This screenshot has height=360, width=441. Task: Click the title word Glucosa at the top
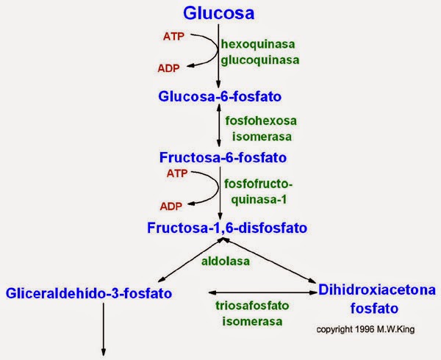[x=218, y=13]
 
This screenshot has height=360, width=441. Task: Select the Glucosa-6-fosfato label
[x=220, y=96]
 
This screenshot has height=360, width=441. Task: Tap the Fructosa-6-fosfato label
[x=223, y=157]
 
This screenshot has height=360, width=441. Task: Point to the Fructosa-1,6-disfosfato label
[x=227, y=228]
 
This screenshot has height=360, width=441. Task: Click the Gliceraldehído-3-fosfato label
[x=89, y=293]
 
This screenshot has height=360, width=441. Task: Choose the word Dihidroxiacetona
[x=377, y=289]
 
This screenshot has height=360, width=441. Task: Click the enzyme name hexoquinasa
[x=258, y=44]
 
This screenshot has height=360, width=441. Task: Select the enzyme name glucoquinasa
[x=260, y=60]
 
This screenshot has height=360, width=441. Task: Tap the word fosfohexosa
[x=261, y=120]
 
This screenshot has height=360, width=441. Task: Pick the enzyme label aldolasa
[x=226, y=262]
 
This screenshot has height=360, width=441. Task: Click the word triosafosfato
[x=252, y=306]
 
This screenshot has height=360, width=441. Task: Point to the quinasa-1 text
[x=259, y=200]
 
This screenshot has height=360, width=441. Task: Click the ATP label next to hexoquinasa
[x=173, y=36]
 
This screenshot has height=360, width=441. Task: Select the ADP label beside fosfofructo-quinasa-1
[x=171, y=206]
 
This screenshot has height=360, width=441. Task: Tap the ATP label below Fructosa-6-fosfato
[x=177, y=173]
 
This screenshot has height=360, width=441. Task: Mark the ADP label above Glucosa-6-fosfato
[x=168, y=68]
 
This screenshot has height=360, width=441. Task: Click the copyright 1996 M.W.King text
[x=365, y=329]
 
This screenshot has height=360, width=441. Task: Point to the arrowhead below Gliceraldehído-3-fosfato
[x=104, y=353]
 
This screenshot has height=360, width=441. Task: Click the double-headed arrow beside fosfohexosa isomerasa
[x=219, y=126]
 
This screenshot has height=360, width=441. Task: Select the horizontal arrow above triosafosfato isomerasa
[x=263, y=292]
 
